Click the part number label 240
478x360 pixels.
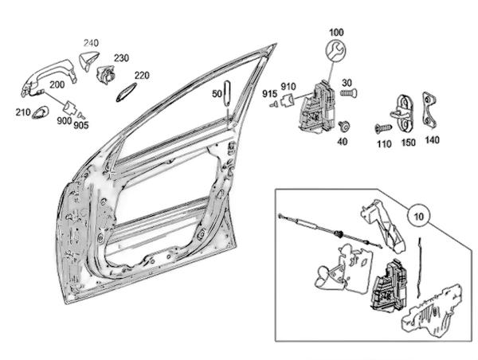click(x=91, y=43)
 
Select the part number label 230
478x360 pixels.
click(x=121, y=58)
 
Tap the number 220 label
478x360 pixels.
click(x=142, y=76)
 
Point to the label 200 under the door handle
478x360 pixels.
click(x=57, y=84)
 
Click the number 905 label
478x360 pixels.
click(x=81, y=125)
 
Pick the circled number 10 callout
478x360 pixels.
click(x=419, y=216)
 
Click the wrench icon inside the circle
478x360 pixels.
click(x=336, y=51)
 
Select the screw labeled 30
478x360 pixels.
click(x=349, y=92)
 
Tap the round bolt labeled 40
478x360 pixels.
click(x=344, y=126)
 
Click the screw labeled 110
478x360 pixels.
click(x=383, y=129)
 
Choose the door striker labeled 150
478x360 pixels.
click(x=405, y=114)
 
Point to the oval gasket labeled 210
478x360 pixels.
click(x=40, y=112)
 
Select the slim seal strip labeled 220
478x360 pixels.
click(x=126, y=92)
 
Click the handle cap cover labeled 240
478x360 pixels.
click(x=88, y=61)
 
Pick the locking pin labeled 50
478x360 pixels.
click(x=227, y=93)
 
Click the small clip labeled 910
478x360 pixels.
click(x=288, y=100)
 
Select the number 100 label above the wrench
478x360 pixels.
click(x=336, y=33)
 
